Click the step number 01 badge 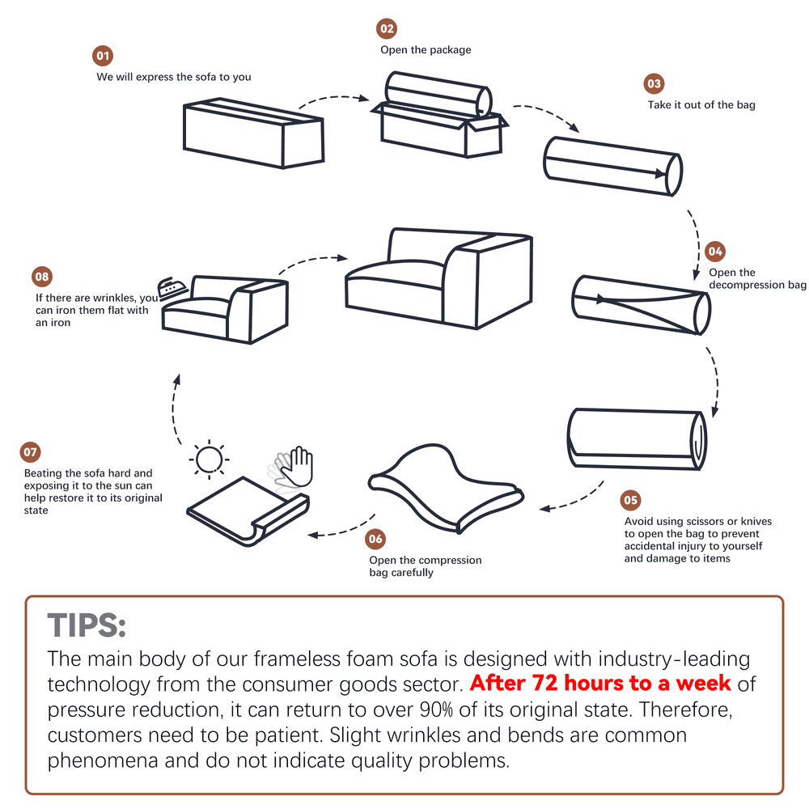(x=103, y=57)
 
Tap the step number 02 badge (x=388, y=29)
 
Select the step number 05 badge (x=630, y=500)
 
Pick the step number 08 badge (x=41, y=277)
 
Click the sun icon (x=209, y=460)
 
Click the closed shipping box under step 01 (x=252, y=133)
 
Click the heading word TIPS (x=87, y=625)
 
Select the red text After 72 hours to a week (x=600, y=683)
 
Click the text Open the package (x=426, y=49)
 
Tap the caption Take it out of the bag (x=701, y=104)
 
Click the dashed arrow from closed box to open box (x=333, y=98)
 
